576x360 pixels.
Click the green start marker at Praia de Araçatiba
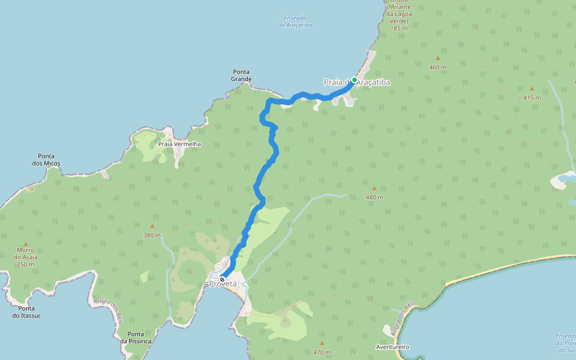point(355,80)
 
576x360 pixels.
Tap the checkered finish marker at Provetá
point(222,280)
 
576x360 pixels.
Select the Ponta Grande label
point(241,75)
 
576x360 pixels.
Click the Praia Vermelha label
point(179,144)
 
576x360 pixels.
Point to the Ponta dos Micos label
point(46,160)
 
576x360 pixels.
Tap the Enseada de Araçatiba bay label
point(295,22)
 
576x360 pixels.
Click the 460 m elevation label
point(438,67)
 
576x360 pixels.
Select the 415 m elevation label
point(532,98)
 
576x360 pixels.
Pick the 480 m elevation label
point(374,197)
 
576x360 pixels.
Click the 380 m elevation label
point(152,235)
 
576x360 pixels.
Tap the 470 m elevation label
point(322,352)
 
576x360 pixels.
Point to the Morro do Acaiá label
point(25,257)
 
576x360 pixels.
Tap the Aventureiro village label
point(392,347)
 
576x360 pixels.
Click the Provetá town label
point(224,284)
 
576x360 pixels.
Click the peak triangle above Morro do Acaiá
point(25,244)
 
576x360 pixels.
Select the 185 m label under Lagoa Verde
point(398,28)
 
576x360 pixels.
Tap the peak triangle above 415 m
point(532,89)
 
